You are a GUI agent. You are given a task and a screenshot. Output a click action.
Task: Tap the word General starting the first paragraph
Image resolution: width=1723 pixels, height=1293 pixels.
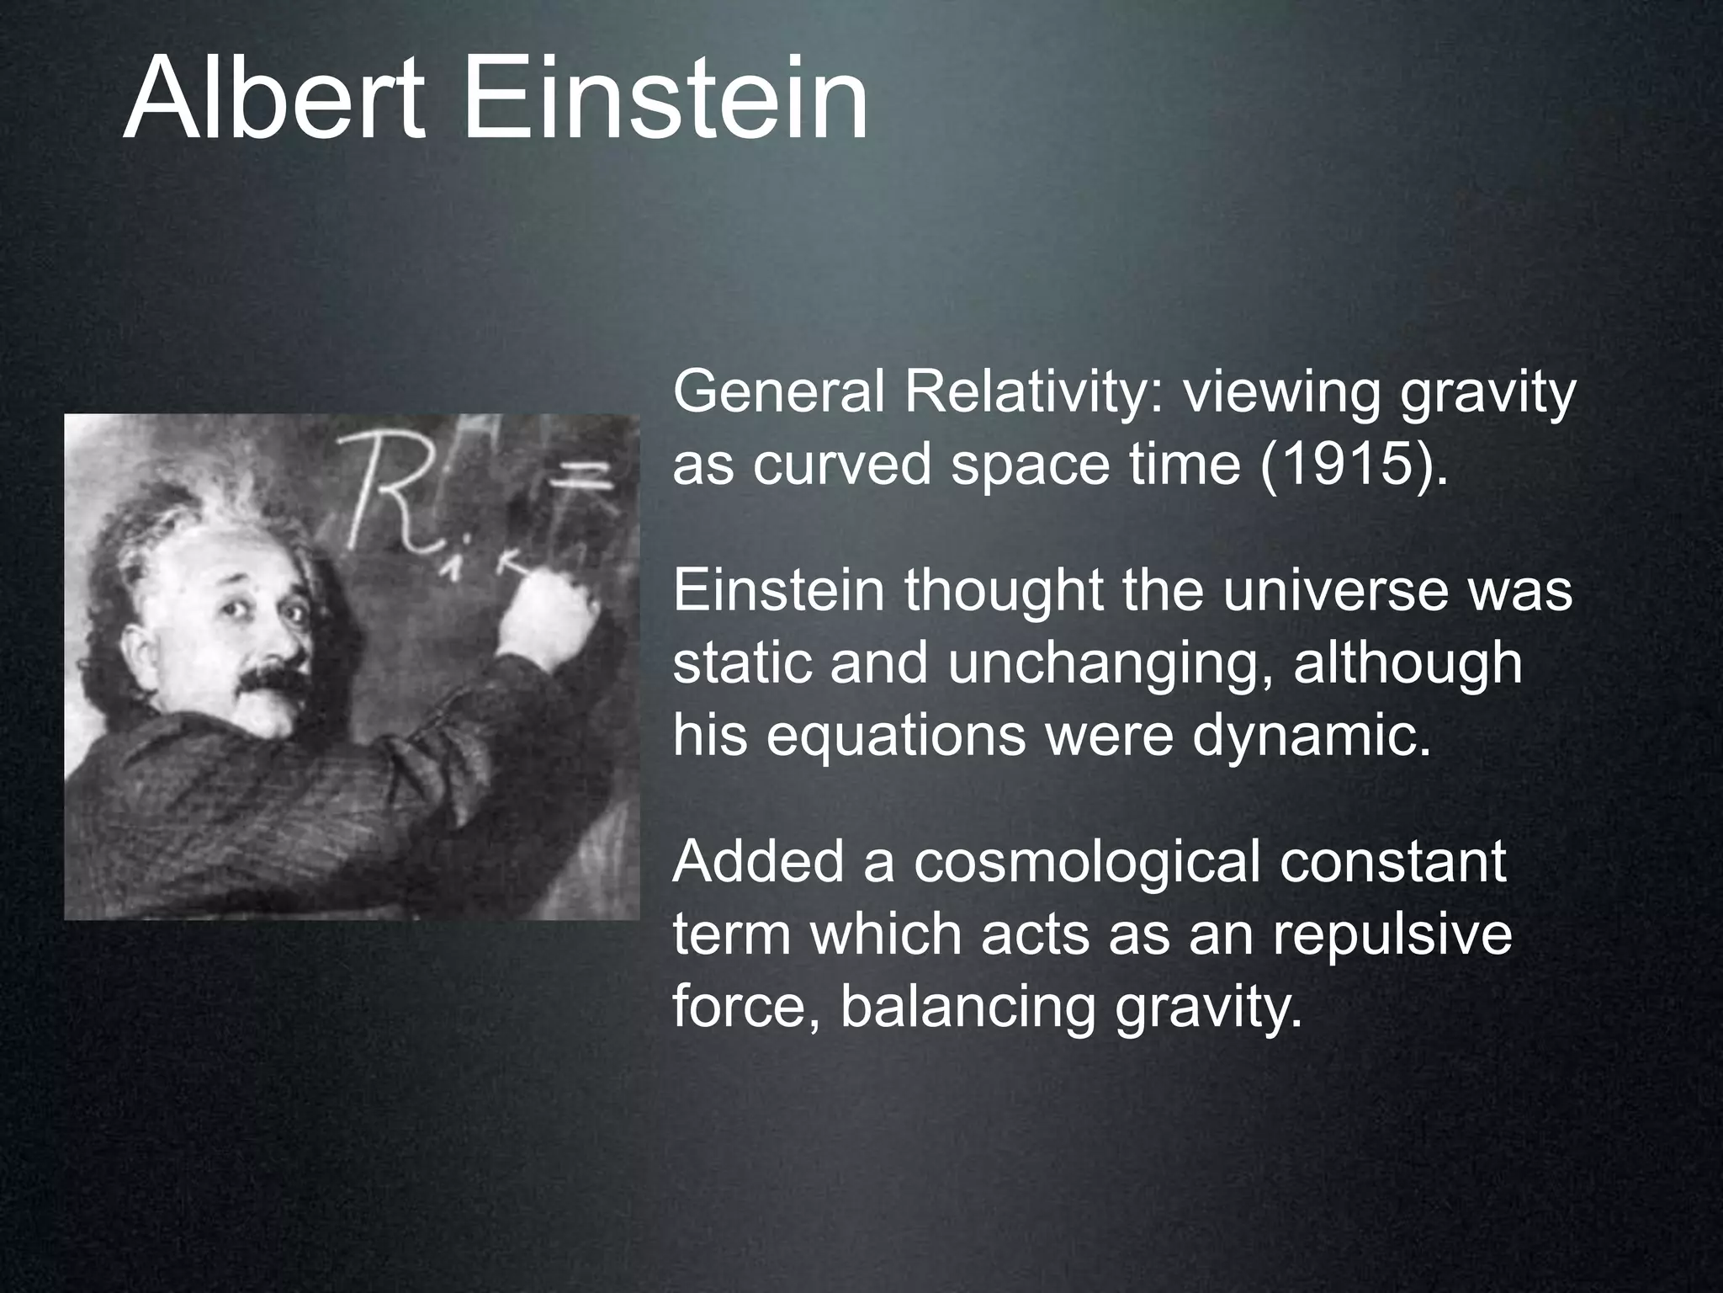(x=779, y=392)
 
